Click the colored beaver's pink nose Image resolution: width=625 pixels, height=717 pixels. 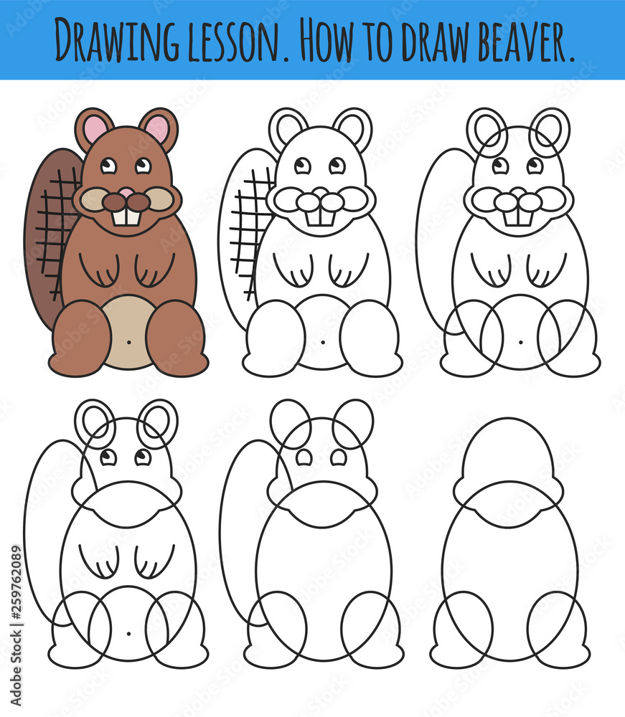[x=126, y=192]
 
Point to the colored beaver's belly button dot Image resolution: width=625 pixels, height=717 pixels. [x=128, y=341]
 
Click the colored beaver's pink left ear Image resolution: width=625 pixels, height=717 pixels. [x=94, y=129]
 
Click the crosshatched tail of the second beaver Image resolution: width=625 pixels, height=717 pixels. [x=248, y=229]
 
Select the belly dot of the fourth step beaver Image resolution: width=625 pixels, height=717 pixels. [x=128, y=633]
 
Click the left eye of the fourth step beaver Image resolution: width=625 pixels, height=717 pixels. [x=108, y=457]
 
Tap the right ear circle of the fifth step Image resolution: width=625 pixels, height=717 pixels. [x=353, y=423]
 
